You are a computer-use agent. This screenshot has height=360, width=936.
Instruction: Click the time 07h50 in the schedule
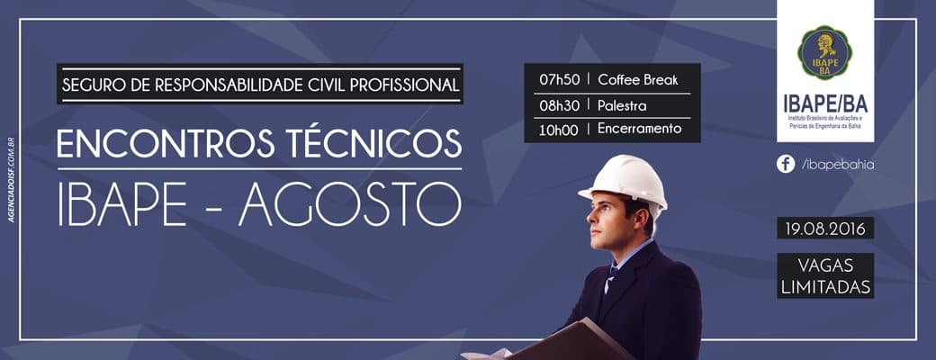pos(558,79)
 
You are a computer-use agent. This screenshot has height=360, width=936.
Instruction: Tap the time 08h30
pos(558,105)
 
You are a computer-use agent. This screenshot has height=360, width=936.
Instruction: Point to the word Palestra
pos(622,105)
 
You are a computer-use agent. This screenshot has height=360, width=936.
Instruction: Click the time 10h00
pos(558,130)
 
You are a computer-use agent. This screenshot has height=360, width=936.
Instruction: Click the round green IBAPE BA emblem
pos(825,53)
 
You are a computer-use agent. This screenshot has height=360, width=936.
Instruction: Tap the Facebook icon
pos(785,164)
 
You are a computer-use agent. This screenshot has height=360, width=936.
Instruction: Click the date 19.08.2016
pos(825,229)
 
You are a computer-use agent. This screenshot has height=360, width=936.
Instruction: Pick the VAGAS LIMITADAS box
pos(825,276)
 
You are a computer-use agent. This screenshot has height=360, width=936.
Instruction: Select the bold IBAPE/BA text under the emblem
pos(825,103)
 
